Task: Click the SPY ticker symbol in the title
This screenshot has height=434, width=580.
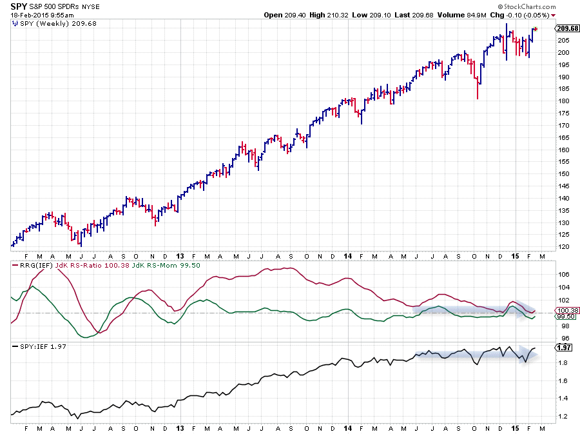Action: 19,5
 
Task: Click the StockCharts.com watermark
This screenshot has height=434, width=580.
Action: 546,5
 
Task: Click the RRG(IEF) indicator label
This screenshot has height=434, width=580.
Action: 29,265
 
